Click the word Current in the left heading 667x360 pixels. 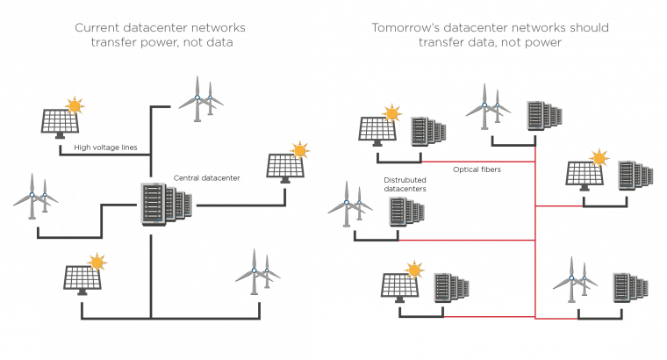click(x=98, y=28)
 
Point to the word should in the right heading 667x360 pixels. click(x=586, y=28)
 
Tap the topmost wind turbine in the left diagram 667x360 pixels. click(x=200, y=98)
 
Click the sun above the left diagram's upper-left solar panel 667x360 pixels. click(x=74, y=106)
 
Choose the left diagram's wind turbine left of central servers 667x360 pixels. click(x=35, y=195)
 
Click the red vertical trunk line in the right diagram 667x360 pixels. click(x=535, y=237)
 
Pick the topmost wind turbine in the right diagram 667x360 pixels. click(x=488, y=105)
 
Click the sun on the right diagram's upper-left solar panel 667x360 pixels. click(x=391, y=113)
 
